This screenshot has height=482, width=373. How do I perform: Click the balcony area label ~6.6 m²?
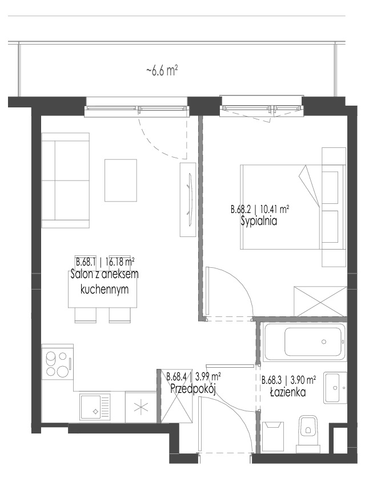click(162, 71)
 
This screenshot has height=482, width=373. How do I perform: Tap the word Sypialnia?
click(259, 221)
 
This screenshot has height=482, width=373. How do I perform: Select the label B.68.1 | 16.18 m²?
click(105, 262)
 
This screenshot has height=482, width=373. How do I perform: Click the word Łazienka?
click(288, 392)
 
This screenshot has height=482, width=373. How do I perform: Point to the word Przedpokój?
click(193, 389)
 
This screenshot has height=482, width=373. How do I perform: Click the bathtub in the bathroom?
click(304, 342)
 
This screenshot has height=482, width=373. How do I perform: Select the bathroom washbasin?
click(335, 388)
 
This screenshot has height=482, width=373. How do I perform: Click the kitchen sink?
click(95, 407)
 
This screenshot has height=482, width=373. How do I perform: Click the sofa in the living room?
click(66, 180)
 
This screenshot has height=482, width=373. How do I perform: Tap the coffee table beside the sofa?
click(121, 180)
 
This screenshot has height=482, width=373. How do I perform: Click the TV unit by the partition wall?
click(188, 200)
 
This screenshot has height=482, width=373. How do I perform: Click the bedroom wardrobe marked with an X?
click(320, 302)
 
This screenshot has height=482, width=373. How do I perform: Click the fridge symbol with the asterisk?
click(141, 408)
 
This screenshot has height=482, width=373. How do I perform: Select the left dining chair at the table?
click(86, 315)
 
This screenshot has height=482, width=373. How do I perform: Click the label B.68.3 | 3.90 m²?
click(288, 380)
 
